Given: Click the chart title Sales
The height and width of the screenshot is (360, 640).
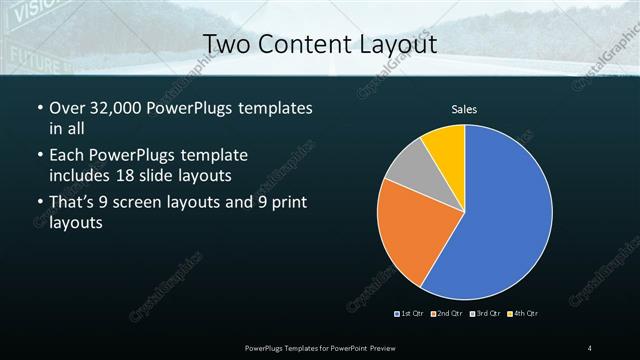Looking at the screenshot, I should [464, 108].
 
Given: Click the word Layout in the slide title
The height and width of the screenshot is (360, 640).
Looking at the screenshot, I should [400, 44].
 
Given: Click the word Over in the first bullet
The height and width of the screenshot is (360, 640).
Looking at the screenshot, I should [68, 108].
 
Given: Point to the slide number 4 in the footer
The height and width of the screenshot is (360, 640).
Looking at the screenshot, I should [590, 347].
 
